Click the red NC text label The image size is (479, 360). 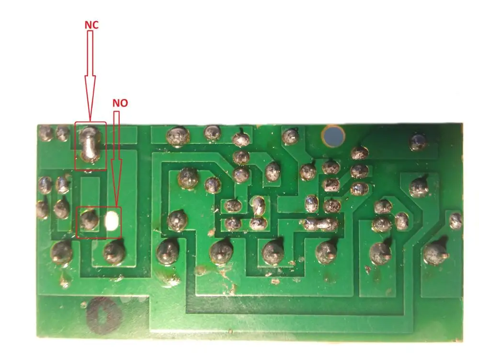coord(91,25)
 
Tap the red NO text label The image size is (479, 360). coord(120,103)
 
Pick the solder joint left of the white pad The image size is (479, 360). coord(89,220)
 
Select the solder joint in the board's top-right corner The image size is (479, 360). coord(418,142)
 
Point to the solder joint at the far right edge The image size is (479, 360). coord(456,221)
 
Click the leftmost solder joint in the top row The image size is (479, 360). coord(46,133)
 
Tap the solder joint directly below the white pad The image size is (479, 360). coord(114,251)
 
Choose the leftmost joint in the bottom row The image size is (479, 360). coord(62,252)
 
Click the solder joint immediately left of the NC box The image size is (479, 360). coord(63,133)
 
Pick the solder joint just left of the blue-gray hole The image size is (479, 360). coord(290,137)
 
